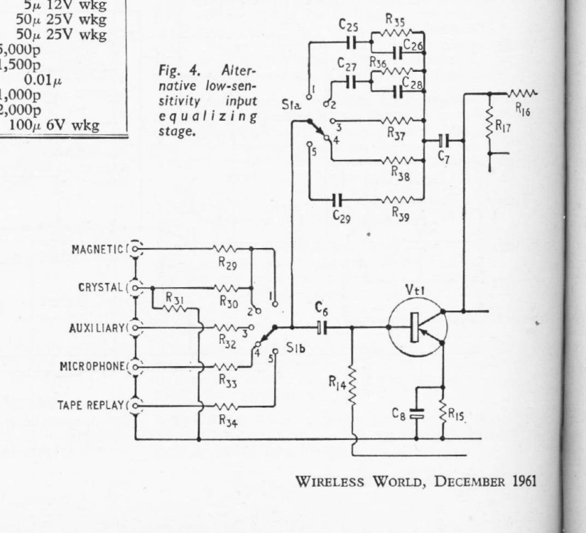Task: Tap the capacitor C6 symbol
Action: tap(322, 328)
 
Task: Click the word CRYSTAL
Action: tap(100, 289)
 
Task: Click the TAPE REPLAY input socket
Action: tap(136, 407)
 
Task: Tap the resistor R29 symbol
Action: tap(226, 249)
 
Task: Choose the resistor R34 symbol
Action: tap(226, 407)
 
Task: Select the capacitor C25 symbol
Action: tap(349, 43)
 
